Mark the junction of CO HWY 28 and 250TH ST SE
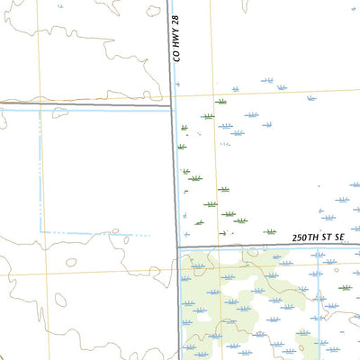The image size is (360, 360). pyautogui.click(x=176, y=247)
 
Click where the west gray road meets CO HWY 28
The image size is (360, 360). pyautogui.click(x=172, y=106)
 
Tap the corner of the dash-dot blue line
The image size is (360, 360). pyautogui.click(x=40, y=233)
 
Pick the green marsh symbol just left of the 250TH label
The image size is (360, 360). pyautogui.click(x=269, y=231)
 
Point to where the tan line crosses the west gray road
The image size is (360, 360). pyautogui.click(x=40, y=106)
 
